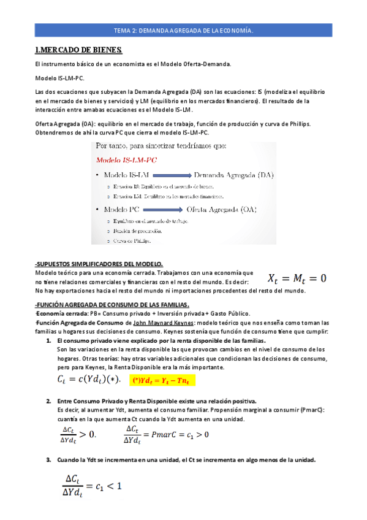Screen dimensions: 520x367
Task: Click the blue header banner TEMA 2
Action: click(x=183, y=29)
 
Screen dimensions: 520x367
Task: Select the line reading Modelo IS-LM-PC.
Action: click(x=60, y=78)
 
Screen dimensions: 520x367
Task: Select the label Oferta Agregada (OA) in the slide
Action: click(x=230, y=210)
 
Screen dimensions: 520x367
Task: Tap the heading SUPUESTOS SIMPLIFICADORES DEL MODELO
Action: click(x=99, y=264)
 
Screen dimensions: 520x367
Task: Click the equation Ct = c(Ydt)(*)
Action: click(x=89, y=380)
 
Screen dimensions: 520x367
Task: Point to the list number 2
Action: click(x=48, y=400)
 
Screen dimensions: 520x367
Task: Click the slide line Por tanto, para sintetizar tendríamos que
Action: click(x=160, y=147)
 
